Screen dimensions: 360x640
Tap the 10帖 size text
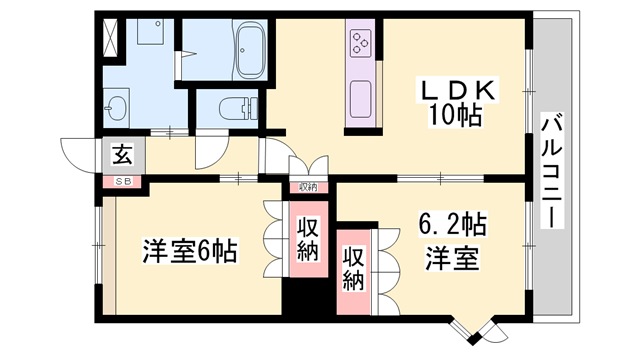[x=459, y=116]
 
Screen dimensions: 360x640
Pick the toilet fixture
[x=233, y=107]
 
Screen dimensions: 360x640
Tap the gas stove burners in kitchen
[x=361, y=43]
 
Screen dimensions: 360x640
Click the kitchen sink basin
[x=360, y=98]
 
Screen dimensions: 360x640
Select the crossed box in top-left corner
[x=108, y=36]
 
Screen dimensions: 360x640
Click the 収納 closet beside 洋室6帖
[x=307, y=238]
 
